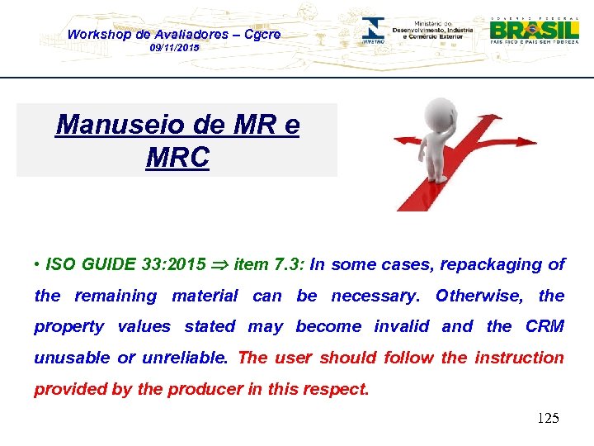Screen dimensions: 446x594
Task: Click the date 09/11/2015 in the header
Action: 174,49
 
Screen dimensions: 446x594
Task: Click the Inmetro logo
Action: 374,31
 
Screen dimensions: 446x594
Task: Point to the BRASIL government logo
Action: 535,30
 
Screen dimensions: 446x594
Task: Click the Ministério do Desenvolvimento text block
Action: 432,31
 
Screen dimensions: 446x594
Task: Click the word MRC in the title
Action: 177,157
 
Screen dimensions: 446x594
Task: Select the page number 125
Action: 548,418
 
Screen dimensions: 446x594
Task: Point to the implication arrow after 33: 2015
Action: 220,265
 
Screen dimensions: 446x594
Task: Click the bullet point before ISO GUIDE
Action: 38,265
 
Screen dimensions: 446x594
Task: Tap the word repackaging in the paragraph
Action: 490,264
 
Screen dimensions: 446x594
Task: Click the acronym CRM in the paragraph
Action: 544,326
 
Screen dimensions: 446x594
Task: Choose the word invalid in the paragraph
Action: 402,326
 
